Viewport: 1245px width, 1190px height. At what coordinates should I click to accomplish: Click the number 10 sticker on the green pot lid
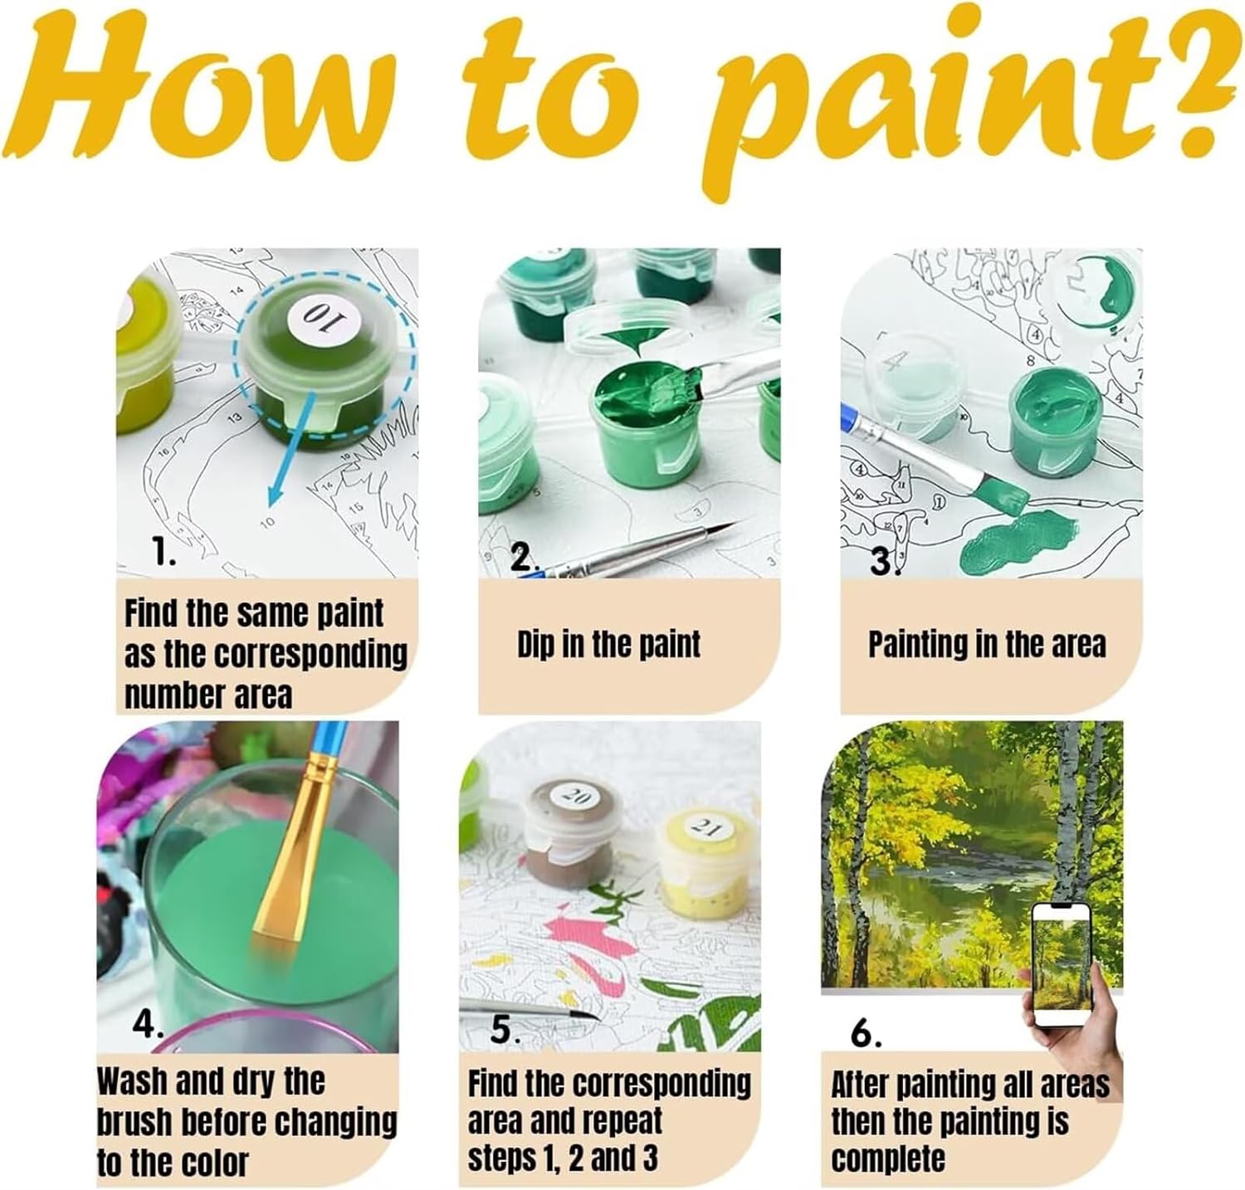(x=300, y=315)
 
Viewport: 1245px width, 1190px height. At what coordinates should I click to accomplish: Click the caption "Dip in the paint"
(x=609, y=644)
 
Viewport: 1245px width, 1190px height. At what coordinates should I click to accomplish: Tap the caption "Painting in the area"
(x=987, y=644)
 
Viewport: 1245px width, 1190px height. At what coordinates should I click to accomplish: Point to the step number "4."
(x=147, y=1026)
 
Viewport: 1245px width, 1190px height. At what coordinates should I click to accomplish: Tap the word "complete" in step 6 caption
(x=888, y=1158)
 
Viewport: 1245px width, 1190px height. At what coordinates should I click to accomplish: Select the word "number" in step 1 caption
(x=163, y=695)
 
